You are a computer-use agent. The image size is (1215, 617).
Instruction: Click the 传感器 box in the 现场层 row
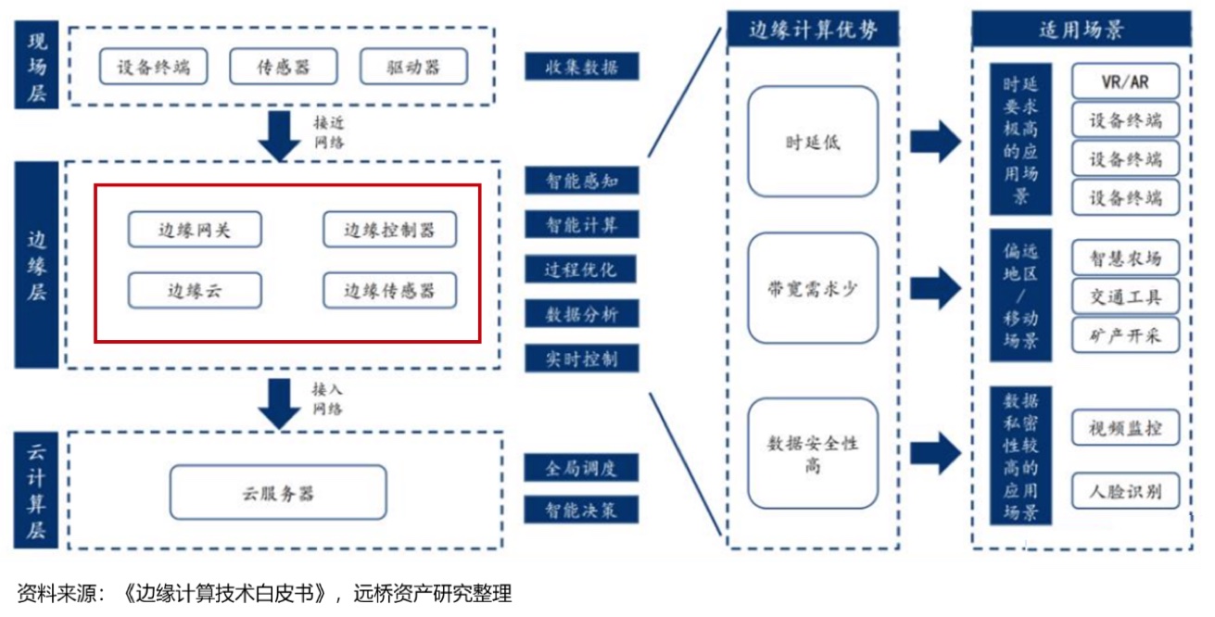coord(283,66)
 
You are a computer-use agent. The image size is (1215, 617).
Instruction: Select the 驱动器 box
coord(413,66)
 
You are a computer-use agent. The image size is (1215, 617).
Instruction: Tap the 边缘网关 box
coord(195,230)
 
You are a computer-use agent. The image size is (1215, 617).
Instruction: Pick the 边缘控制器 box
coord(389,230)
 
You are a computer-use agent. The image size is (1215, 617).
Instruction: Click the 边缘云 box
coord(195,291)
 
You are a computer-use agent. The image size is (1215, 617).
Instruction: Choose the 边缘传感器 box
coord(389,291)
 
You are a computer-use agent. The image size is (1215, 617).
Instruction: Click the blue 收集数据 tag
coord(581,67)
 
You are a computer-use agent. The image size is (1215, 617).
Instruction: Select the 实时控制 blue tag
coord(581,359)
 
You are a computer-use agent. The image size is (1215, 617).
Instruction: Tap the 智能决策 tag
coord(581,510)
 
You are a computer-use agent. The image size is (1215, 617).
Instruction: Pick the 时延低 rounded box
coord(812,142)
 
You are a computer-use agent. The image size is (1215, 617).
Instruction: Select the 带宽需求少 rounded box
coord(812,288)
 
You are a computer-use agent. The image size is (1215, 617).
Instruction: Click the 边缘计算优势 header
coord(812,31)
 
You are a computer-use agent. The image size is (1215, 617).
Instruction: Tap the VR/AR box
coord(1125,82)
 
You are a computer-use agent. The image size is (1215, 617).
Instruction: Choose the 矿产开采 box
coord(1125,335)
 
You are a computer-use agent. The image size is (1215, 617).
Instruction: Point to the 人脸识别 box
coord(1125,490)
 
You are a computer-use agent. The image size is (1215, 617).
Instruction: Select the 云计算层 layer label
coord(36,492)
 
